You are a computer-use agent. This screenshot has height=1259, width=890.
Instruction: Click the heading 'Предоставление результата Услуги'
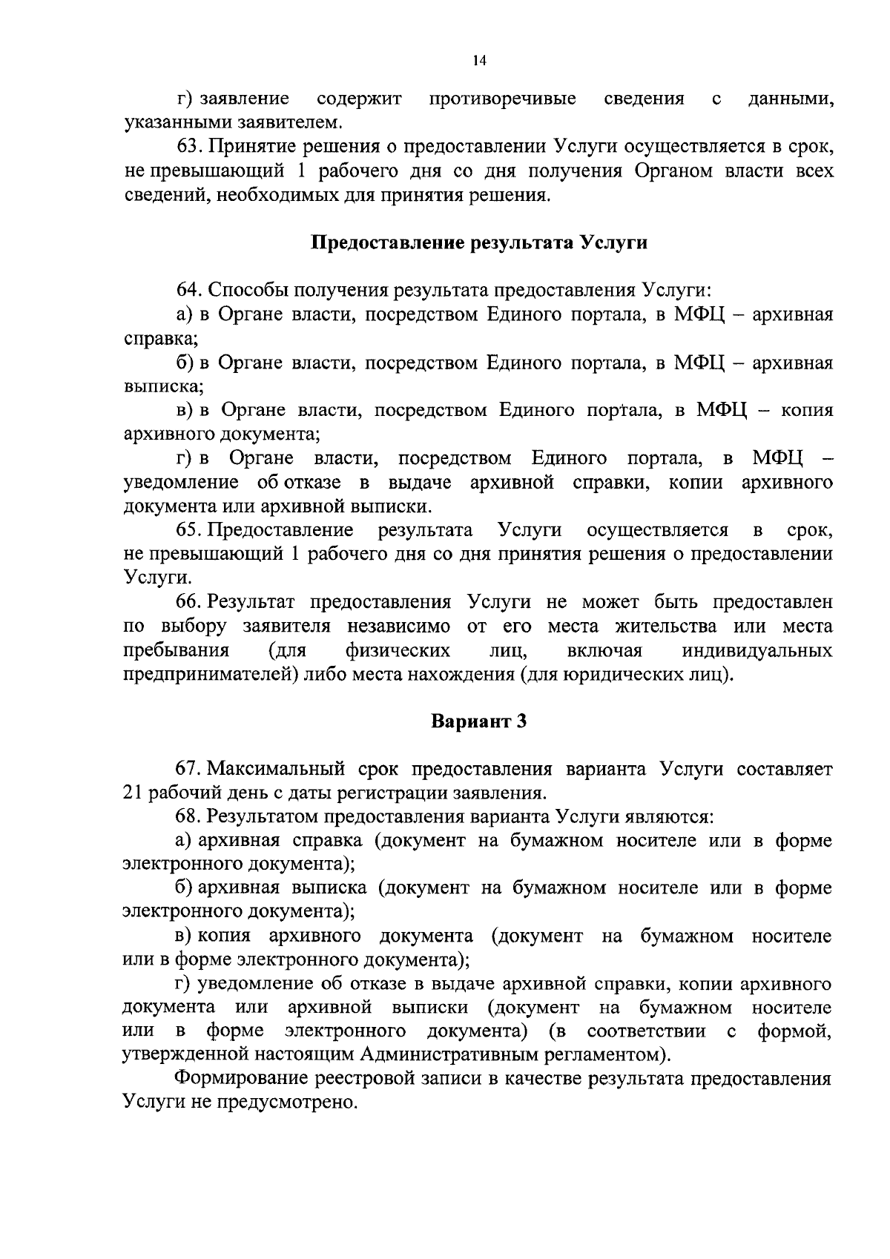point(478,243)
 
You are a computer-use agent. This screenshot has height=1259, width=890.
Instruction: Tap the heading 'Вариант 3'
point(478,721)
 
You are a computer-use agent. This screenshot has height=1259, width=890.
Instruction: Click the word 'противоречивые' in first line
point(503,99)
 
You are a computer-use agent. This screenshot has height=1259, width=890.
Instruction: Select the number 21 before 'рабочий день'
point(133,793)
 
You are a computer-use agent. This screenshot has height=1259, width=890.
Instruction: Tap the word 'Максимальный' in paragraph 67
point(275,769)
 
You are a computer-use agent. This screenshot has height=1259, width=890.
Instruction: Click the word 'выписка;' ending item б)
point(162,387)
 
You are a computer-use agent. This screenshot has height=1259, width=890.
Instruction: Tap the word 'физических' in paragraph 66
point(398,651)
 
